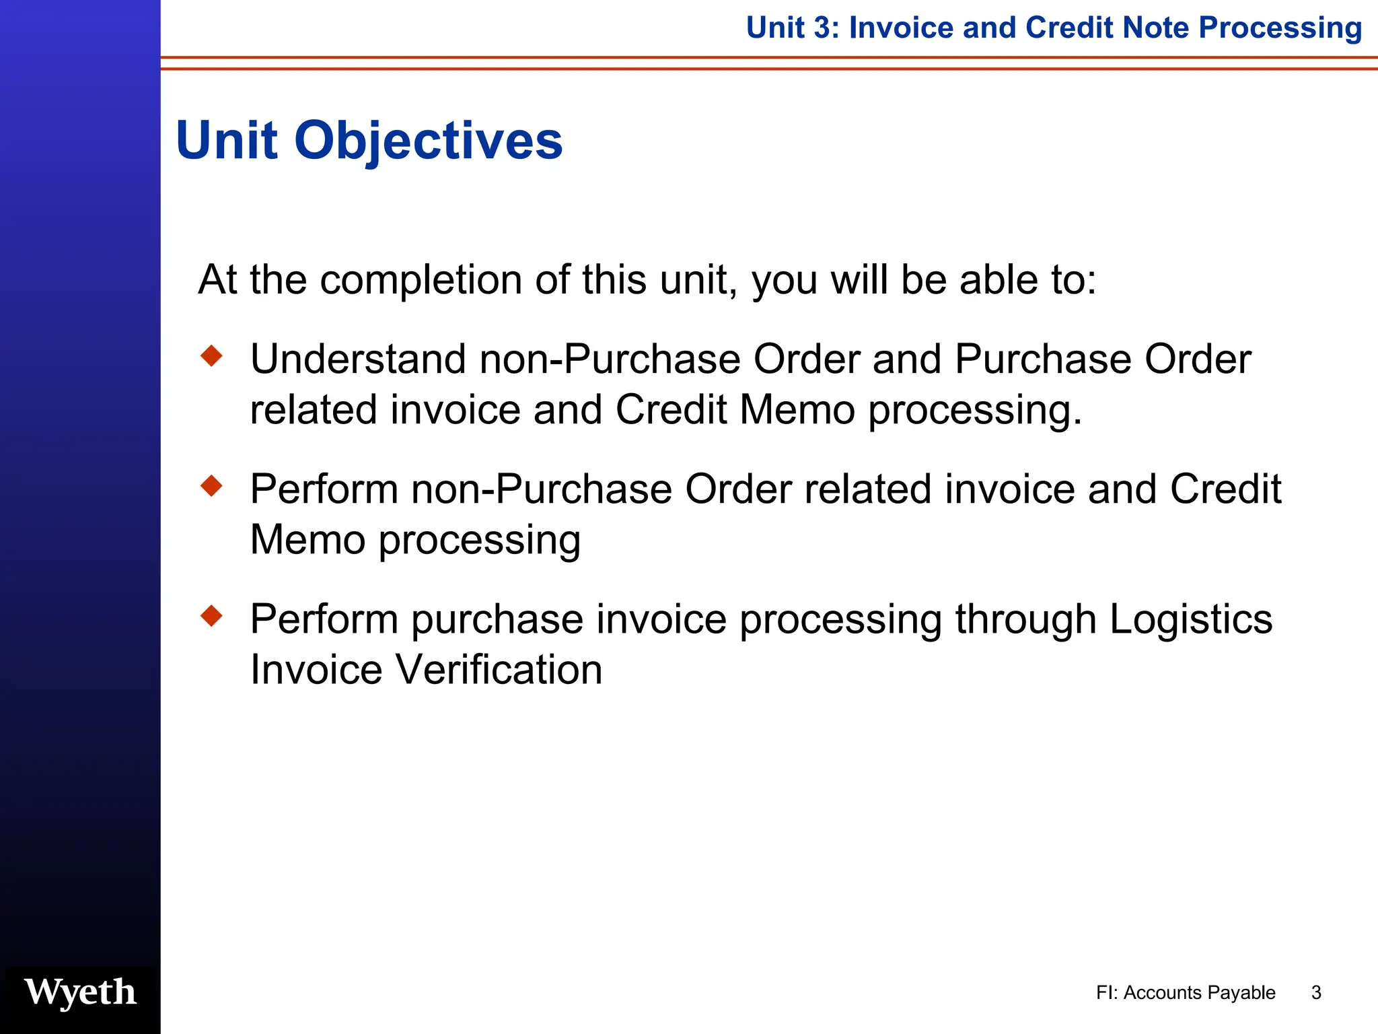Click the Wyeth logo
click(x=80, y=992)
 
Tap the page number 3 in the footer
click(x=1316, y=993)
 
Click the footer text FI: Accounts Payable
click(x=1185, y=993)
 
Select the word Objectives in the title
click(x=428, y=141)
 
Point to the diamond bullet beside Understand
click(x=211, y=355)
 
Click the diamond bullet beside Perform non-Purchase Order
click(x=211, y=485)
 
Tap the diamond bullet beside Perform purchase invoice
click(x=211, y=615)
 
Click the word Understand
click(x=358, y=359)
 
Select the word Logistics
click(x=1190, y=619)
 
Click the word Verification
click(x=498, y=670)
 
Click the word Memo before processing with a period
click(x=797, y=410)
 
